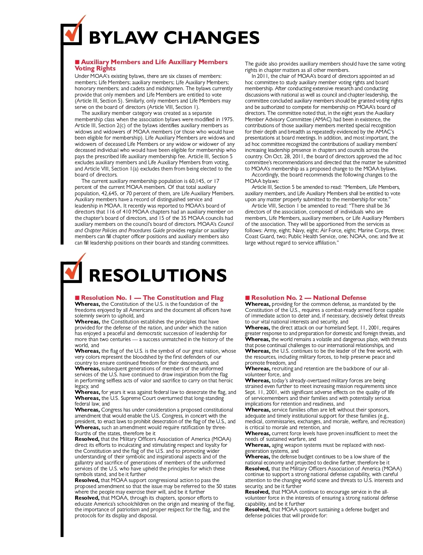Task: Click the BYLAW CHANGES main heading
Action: (x=174, y=38)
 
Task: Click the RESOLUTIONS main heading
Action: (x=158, y=276)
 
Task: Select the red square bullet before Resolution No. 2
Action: (x=247, y=298)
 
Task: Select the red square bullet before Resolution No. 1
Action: (x=77, y=298)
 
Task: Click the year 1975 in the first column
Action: (x=227, y=119)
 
